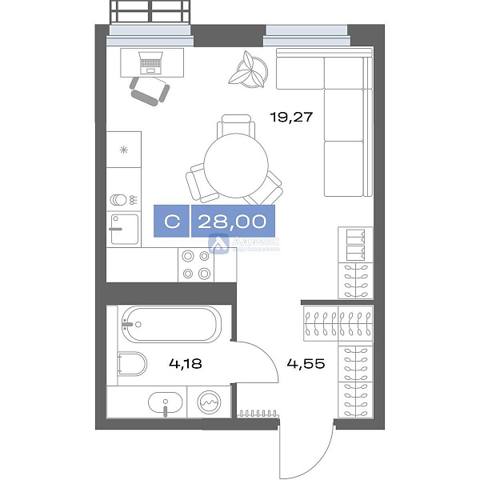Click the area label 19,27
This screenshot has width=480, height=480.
click(290, 117)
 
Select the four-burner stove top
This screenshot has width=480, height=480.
click(196, 264)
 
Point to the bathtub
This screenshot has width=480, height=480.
click(169, 326)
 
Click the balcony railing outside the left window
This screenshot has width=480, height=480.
click(151, 11)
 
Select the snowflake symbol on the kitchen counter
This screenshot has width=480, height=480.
click(123, 150)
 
